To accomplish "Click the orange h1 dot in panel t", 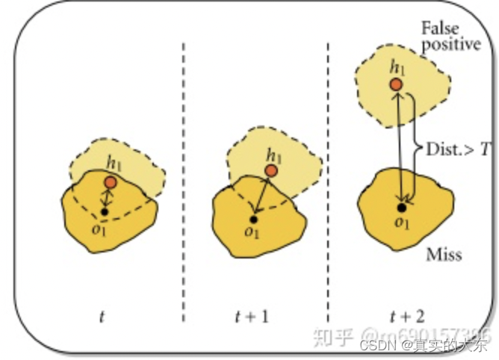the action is pyautogui.click(x=111, y=182).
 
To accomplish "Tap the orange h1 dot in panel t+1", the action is pyautogui.click(x=271, y=171).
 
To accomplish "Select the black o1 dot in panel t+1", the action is pyautogui.click(x=254, y=219).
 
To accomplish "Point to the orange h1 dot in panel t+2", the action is pyautogui.click(x=397, y=84).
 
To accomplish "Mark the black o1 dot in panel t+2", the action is pyautogui.click(x=401, y=207).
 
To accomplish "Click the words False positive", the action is pyautogui.click(x=450, y=37).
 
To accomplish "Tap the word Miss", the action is pyautogui.click(x=444, y=255).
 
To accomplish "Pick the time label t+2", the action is pyautogui.click(x=405, y=317).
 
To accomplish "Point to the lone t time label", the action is pyautogui.click(x=102, y=317).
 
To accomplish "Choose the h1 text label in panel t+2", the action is pyautogui.click(x=397, y=68).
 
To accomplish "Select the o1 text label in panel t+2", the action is pyautogui.click(x=402, y=222).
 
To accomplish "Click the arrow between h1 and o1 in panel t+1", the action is pyautogui.click(x=262, y=195).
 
